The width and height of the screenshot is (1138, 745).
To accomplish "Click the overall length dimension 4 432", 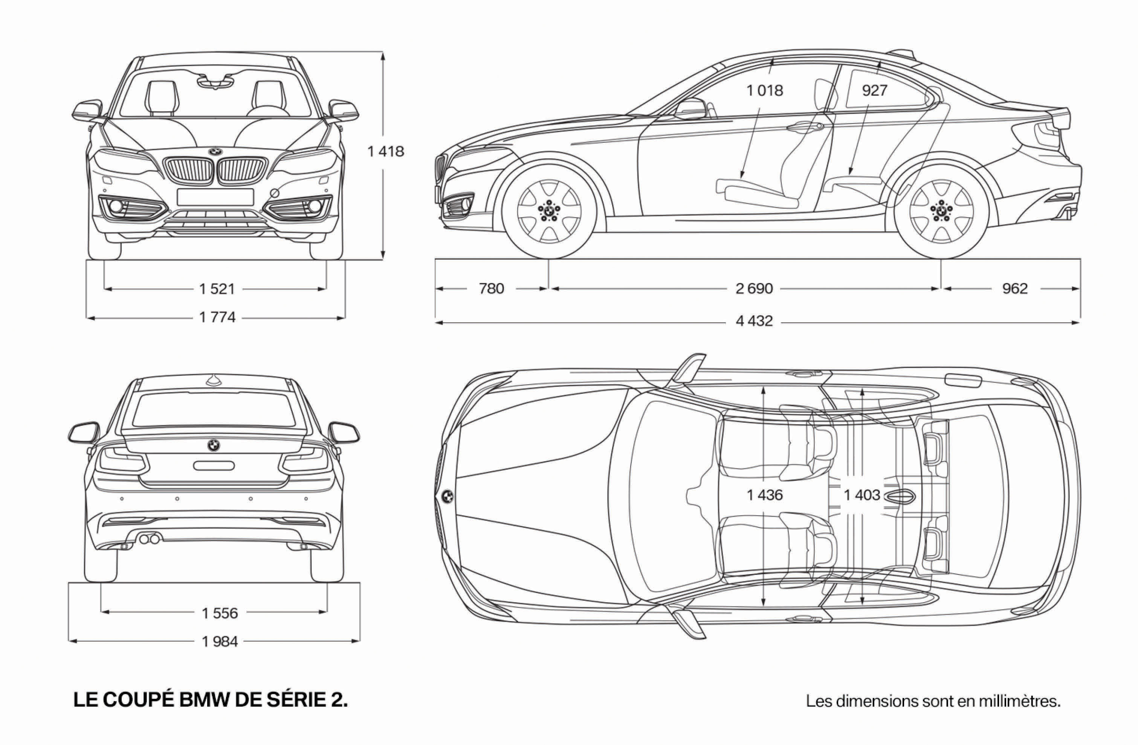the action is click(754, 321).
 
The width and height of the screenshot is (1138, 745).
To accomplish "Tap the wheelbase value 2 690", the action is click(754, 289).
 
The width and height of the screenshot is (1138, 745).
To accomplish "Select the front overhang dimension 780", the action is click(492, 289).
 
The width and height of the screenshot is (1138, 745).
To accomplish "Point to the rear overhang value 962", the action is click(1015, 289).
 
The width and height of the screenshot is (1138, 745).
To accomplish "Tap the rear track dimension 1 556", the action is click(220, 613).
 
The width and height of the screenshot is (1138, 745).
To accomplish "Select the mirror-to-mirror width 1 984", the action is click(220, 641).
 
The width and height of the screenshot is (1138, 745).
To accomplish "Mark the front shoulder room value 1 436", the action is click(765, 495).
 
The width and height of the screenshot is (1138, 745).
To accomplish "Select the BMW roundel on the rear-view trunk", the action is click(213, 445).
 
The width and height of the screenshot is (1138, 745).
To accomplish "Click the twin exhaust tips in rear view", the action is click(149, 539).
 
